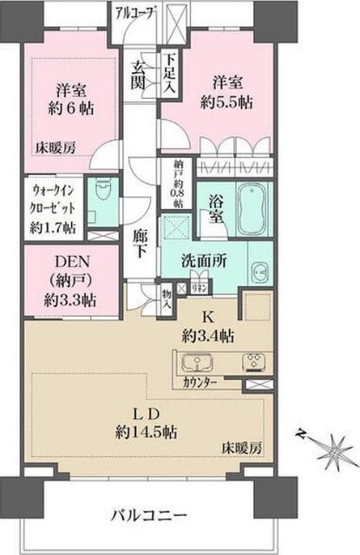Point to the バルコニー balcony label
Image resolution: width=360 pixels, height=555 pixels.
[149, 515]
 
